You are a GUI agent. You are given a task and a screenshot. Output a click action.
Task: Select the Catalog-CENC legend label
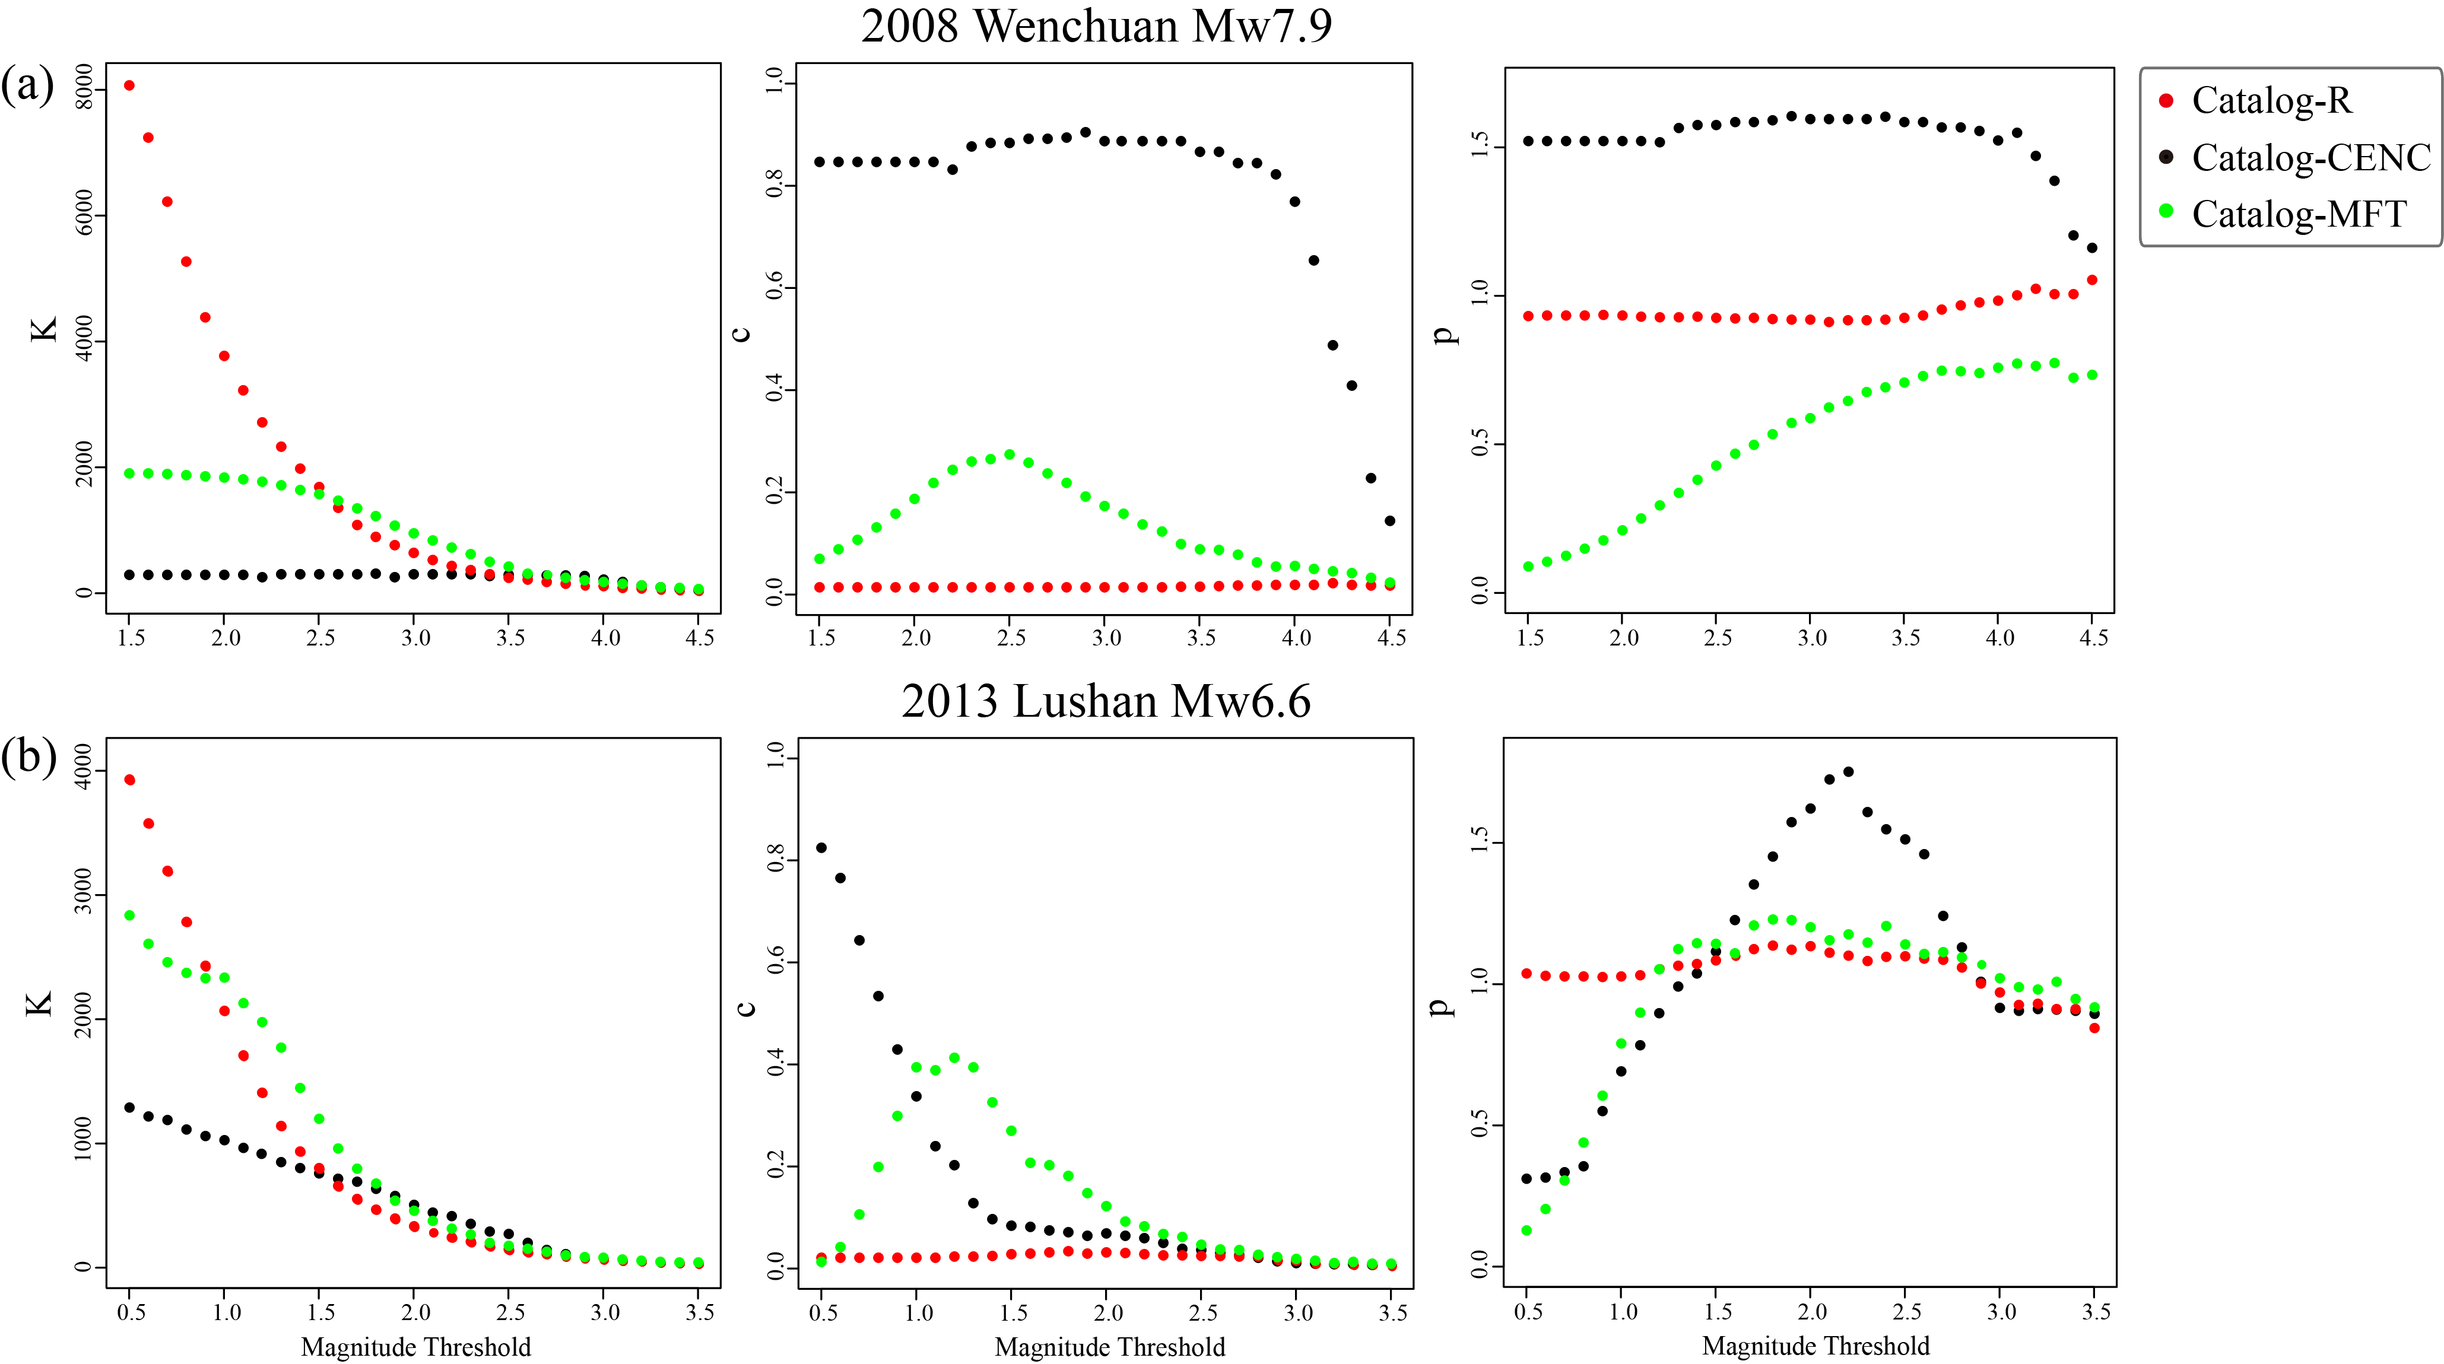(x=2311, y=157)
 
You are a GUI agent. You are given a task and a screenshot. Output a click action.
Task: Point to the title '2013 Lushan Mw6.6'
(x=1105, y=702)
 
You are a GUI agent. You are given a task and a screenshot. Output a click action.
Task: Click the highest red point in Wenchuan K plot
(x=129, y=85)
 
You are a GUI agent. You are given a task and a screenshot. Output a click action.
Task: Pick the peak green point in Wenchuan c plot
(x=1010, y=454)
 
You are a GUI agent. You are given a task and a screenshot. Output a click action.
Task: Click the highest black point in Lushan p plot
(x=1848, y=772)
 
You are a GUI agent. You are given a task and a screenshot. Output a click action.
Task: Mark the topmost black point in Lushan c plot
(x=821, y=848)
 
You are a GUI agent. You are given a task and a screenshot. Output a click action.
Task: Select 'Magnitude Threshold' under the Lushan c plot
(x=1109, y=1347)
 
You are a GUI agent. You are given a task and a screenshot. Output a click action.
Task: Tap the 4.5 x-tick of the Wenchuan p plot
(x=2093, y=637)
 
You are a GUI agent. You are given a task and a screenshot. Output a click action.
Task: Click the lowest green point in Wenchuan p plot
(x=1528, y=566)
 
